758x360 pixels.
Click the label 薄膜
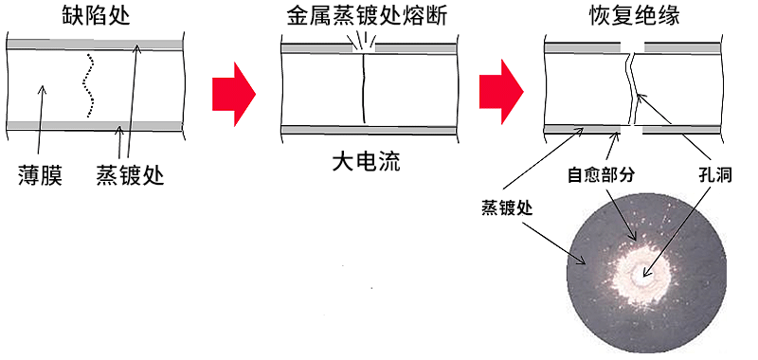click(40, 175)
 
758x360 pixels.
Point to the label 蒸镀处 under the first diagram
click(130, 175)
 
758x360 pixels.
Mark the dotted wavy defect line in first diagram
click(89, 85)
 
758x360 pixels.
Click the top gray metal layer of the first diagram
click(95, 45)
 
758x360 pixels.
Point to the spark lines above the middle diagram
click(363, 42)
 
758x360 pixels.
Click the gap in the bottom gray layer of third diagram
click(632, 129)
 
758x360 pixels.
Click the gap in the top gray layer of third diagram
click(632, 45)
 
